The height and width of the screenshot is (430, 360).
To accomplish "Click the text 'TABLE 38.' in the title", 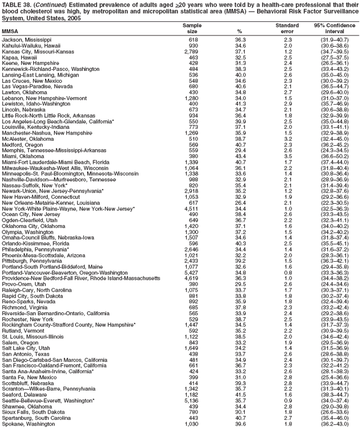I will (x=16, y=4).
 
